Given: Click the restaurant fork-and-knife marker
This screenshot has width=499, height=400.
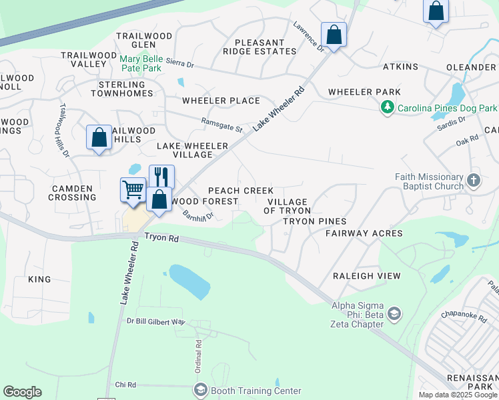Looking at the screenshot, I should [161, 177].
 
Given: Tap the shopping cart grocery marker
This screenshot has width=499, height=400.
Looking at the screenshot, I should [133, 189].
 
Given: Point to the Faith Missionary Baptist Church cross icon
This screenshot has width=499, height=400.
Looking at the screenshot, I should [473, 181].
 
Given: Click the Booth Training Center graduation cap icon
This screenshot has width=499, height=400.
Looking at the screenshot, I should [200, 390].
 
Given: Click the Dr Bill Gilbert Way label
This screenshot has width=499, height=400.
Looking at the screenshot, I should [155, 321].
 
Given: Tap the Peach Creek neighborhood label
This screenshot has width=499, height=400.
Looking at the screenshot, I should [241, 191].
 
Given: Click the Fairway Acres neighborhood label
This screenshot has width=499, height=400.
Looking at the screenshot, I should [364, 233].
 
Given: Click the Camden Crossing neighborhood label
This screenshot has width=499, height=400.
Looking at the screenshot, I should [72, 193].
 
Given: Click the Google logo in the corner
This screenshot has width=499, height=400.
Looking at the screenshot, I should [22, 392].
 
